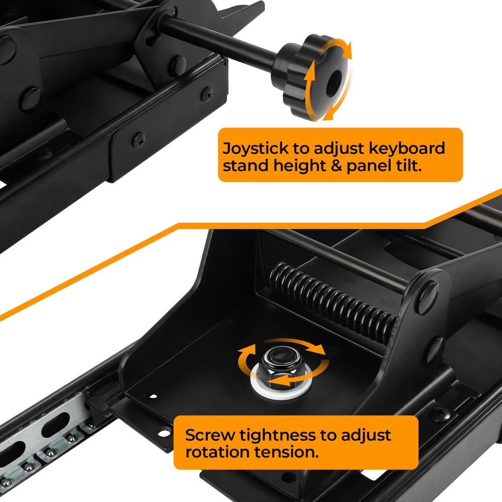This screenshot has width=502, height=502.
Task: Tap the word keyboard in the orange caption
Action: click(x=407, y=149)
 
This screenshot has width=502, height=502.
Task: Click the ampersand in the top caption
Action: click(x=336, y=166)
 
